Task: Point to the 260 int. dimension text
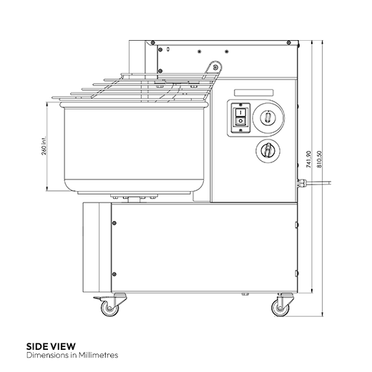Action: click(x=44, y=147)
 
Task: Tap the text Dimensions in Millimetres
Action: click(x=72, y=355)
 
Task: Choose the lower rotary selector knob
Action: click(x=267, y=150)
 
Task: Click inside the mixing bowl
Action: click(x=129, y=143)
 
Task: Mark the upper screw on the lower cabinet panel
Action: click(x=112, y=222)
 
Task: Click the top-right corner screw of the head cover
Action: click(x=292, y=47)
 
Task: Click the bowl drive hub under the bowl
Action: click(x=133, y=197)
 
